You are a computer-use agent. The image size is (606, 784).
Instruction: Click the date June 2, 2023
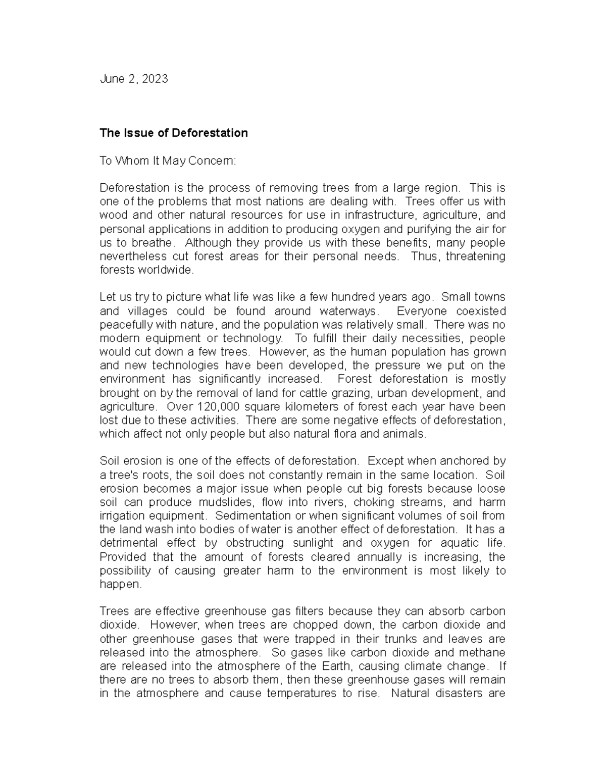(134, 79)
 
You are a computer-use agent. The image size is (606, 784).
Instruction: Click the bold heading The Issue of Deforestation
(174, 133)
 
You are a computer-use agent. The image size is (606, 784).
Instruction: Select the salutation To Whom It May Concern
(168, 161)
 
